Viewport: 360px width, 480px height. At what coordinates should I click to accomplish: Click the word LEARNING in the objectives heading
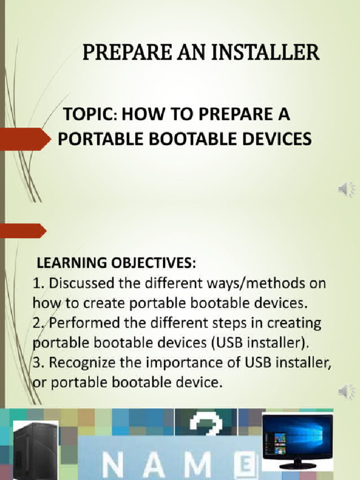tap(67, 263)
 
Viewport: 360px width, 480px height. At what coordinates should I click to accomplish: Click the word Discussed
tap(80, 284)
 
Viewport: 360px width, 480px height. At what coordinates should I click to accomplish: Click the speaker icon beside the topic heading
tap(346, 189)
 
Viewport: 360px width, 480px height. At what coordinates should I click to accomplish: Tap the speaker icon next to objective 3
tap(346, 391)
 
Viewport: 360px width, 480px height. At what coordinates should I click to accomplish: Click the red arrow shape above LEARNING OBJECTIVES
tap(22, 231)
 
